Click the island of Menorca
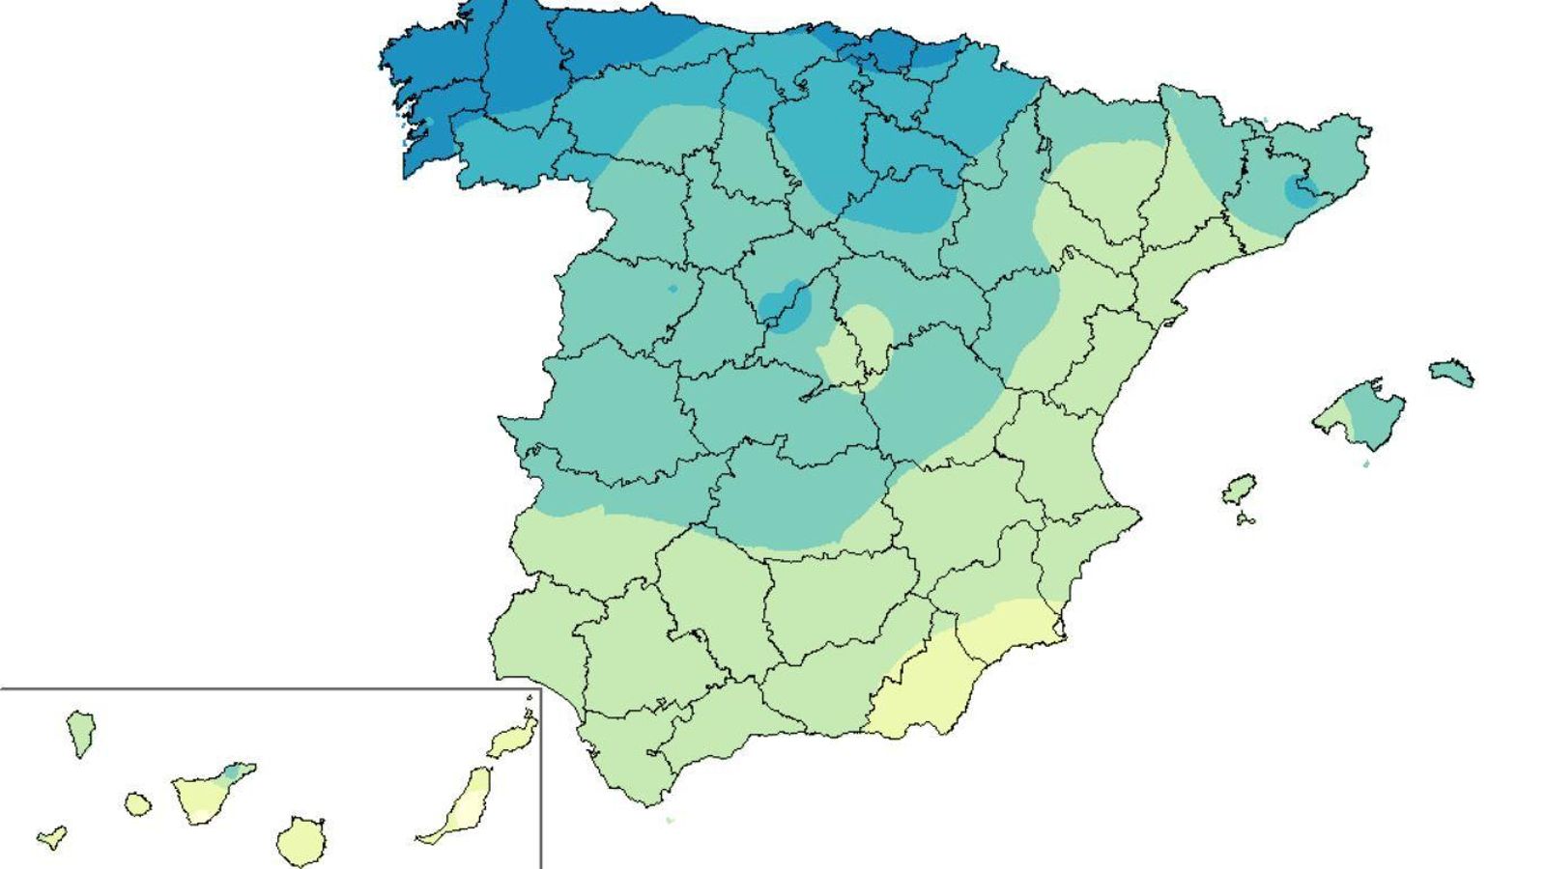click(1452, 372)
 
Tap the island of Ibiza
click(1239, 489)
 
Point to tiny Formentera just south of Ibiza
click(1245, 519)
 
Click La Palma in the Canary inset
click(79, 732)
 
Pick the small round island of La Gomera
click(138, 803)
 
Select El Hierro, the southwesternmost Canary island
click(52, 837)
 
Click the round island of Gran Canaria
click(301, 841)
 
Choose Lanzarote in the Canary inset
click(512, 739)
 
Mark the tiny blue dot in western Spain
click(673, 289)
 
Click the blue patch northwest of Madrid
click(782, 305)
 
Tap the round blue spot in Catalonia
click(1298, 189)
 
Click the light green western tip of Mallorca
click(1331, 416)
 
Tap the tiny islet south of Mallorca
click(1365, 464)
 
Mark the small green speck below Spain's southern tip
click(669, 821)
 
